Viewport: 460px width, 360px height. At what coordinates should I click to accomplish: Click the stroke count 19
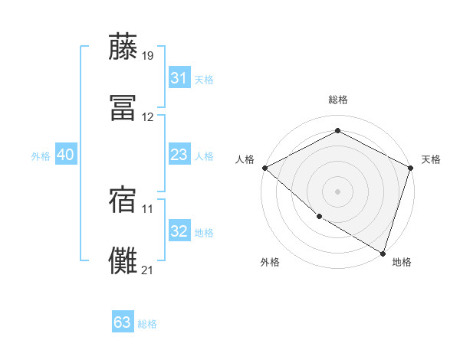pyautogui.click(x=148, y=55)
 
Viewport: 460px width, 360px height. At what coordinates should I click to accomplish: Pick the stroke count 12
pyautogui.click(x=148, y=117)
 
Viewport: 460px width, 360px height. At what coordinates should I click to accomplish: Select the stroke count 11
pyautogui.click(x=148, y=208)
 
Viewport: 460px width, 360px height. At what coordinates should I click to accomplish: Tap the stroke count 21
pyautogui.click(x=148, y=269)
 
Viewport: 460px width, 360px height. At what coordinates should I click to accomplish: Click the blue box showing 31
pyautogui.click(x=179, y=78)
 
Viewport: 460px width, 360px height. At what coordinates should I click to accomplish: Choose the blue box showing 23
pyautogui.click(x=179, y=155)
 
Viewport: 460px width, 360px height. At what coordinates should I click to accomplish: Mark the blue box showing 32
pyautogui.click(x=179, y=231)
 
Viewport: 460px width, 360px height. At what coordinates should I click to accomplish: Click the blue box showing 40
pyautogui.click(x=65, y=155)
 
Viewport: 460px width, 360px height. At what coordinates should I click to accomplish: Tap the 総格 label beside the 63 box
pyautogui.click(x=147, y=324)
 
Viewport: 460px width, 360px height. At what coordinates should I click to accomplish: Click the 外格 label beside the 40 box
pyautogui.click(x=41, y=156)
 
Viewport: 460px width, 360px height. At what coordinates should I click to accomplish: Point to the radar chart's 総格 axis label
pyautogui.click(x=338, y=100)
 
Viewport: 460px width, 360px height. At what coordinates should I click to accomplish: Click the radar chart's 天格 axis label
pyautogui.click(x=431, y=159)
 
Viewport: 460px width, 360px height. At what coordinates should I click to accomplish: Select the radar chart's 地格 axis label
pyautogui.click(x=402, y=262)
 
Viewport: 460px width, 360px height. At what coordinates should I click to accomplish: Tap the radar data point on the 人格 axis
pyautogui.click(x=264, y=168)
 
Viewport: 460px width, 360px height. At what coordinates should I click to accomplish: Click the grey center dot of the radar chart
pyautogui.click(x=337, y=191)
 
